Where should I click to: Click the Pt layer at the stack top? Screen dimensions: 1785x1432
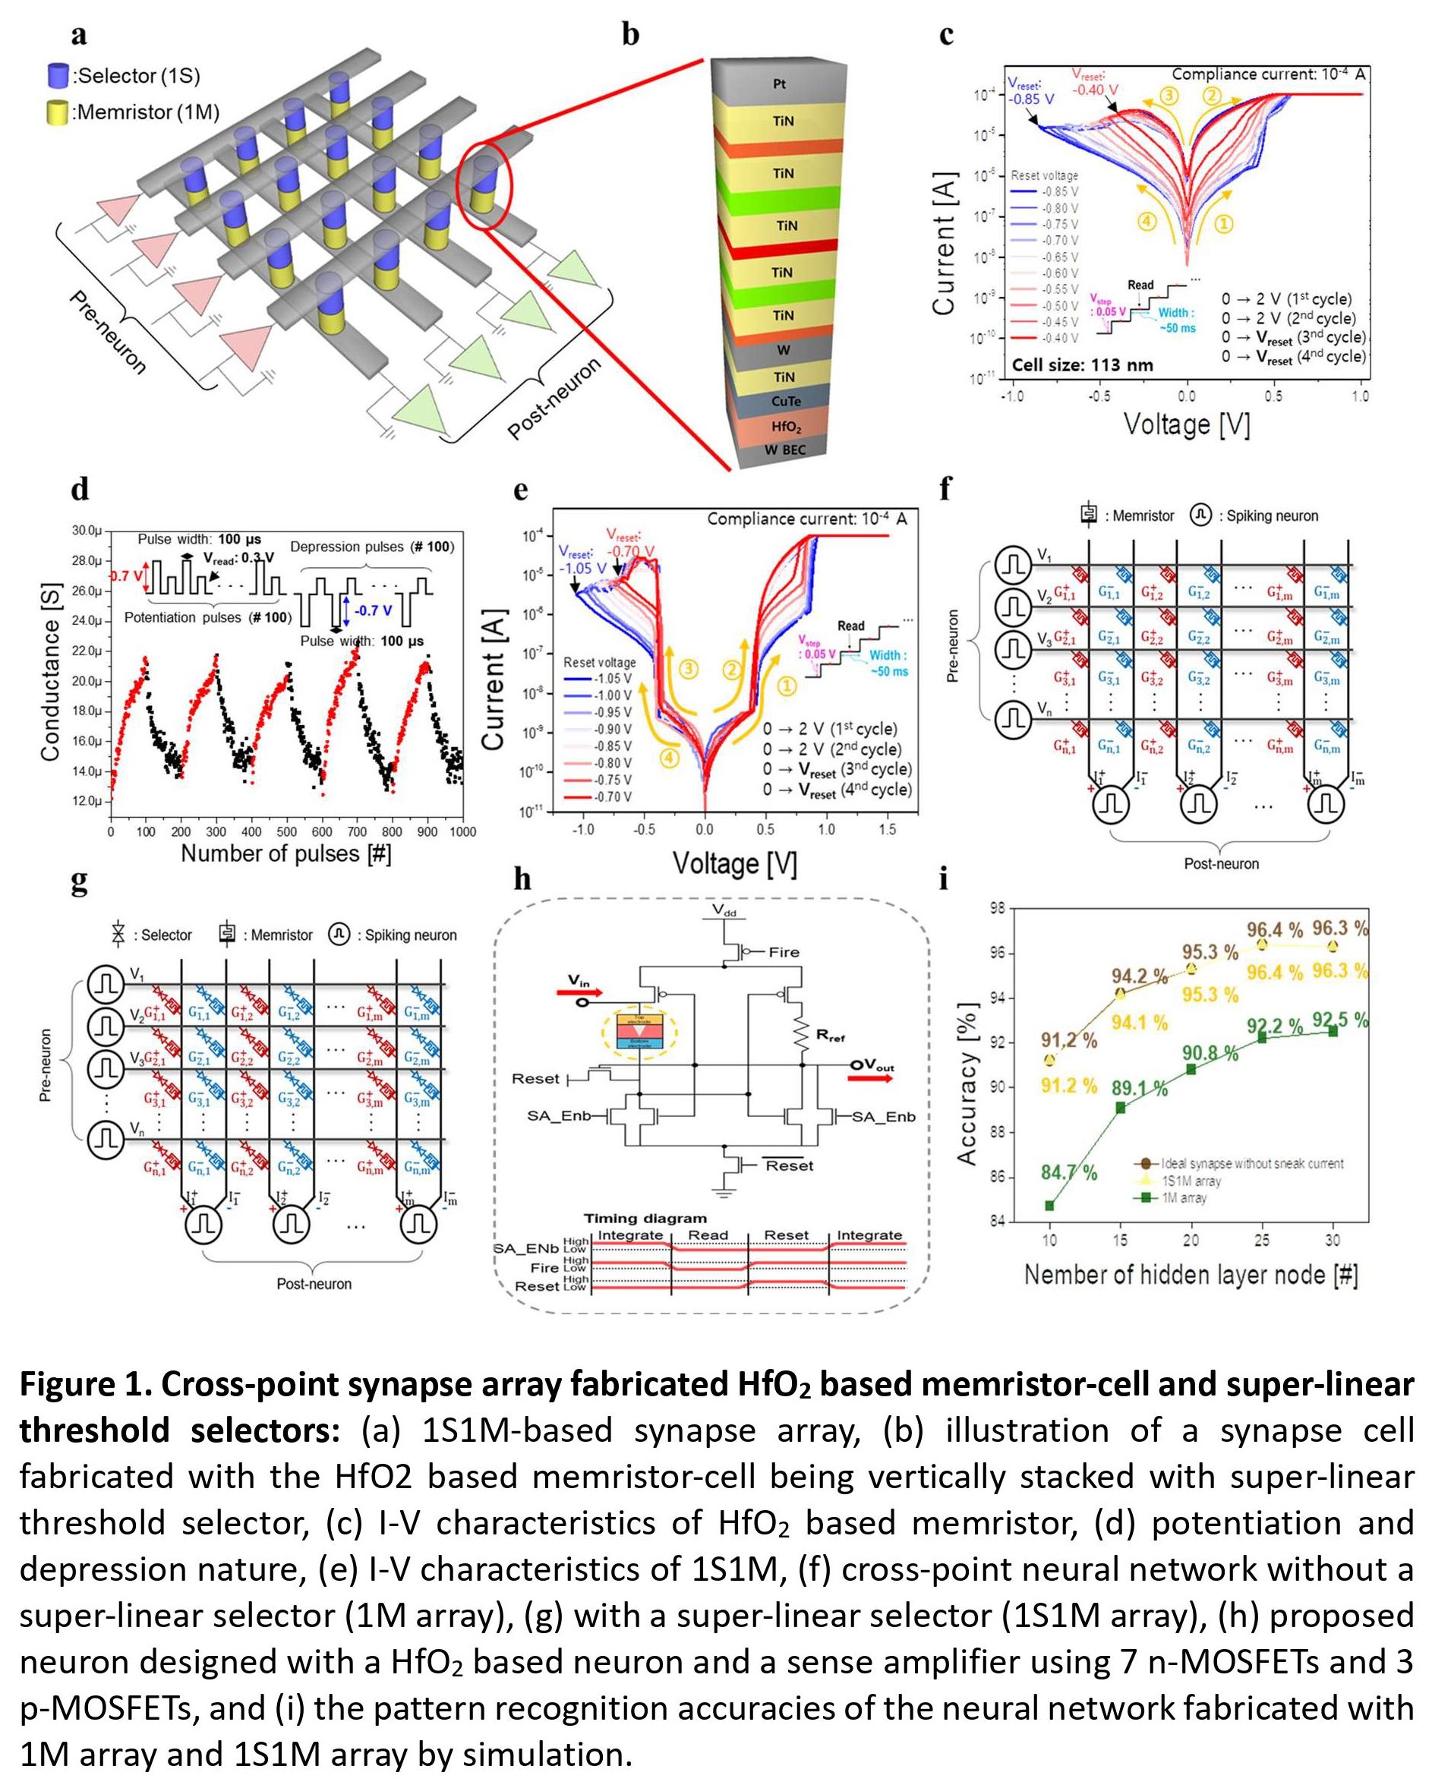[x=779, y=84]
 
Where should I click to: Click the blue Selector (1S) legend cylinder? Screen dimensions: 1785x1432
[x=57, y=75]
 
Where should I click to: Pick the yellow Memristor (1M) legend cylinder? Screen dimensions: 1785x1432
[x=57, y=112]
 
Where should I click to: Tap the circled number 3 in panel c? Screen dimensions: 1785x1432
[x=1168, y=95]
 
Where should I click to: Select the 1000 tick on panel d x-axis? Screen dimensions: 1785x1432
[x=462, y=832]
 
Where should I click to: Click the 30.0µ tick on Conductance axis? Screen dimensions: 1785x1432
[x=86, y=531]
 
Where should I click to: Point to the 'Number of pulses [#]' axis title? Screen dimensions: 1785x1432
[x=285, y=853]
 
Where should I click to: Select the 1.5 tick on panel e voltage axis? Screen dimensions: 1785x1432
[x=887, y=830]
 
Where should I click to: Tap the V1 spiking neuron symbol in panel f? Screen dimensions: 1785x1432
[x=1013, y=565]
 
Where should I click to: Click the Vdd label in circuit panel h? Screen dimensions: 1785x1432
[x=724, y=910]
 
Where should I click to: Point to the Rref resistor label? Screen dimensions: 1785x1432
[x=830, y=1035]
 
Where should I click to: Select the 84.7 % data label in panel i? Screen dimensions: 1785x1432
[x=1068, y=1172]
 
